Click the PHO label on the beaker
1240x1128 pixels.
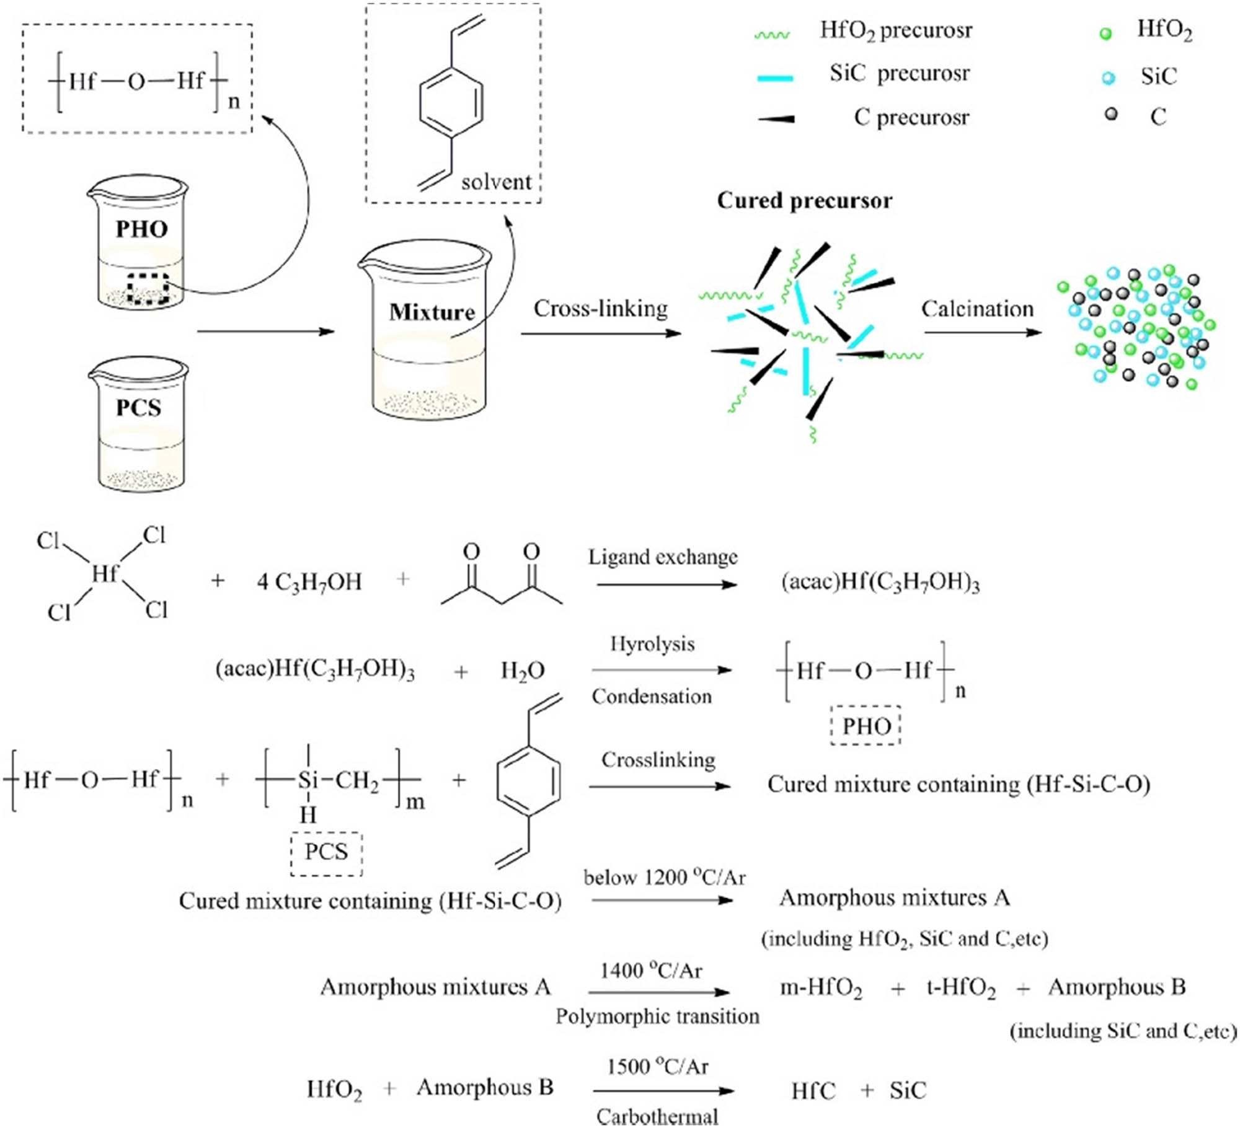141,229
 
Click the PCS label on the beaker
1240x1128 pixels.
139,408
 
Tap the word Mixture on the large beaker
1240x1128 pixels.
432,312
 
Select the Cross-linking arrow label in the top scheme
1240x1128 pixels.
600,309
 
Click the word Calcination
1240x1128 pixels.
977,309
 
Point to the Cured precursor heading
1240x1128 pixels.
804,201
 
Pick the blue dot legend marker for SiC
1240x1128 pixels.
1109,77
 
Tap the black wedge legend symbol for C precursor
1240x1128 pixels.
776,118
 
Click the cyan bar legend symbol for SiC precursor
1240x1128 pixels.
775,78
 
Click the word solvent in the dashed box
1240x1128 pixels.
496,182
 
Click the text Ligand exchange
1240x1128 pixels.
662,557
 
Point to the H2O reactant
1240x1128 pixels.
522,671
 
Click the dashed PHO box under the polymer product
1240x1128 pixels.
866,726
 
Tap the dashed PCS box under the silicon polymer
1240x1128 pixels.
326,852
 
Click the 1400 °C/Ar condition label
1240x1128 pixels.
650,971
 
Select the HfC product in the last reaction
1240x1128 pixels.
813,1091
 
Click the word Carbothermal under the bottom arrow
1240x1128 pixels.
657,1116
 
